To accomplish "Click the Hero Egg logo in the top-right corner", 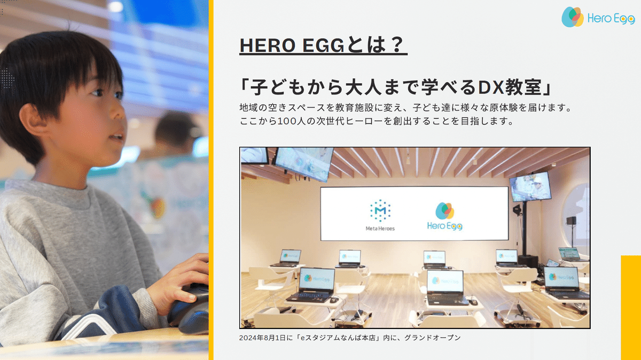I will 597,17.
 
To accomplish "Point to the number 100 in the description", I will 291,121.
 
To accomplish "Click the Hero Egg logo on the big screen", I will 444,216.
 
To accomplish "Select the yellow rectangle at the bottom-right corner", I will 631,307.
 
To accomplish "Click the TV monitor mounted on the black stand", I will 530,185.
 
